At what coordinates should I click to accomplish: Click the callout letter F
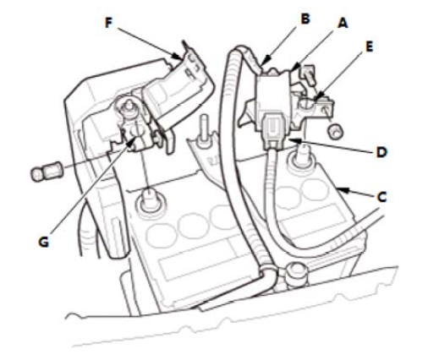click(109, 23)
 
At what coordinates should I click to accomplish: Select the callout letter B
click(305, 19)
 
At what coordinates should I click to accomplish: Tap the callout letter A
click(343, 23)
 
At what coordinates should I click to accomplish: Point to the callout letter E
click(369, 46)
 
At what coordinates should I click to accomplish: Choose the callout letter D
click(381, 152)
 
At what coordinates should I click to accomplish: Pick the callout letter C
click(381, 197)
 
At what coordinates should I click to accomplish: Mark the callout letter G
click(43, 242)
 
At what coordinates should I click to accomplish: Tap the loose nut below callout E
click(335, 131)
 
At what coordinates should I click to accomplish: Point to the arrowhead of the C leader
click(342, 190)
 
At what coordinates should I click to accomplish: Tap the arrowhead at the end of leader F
click(178, 57)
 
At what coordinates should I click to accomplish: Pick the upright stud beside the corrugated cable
click(203, 133)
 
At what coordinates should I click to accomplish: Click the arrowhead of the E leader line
click(318, 96)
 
